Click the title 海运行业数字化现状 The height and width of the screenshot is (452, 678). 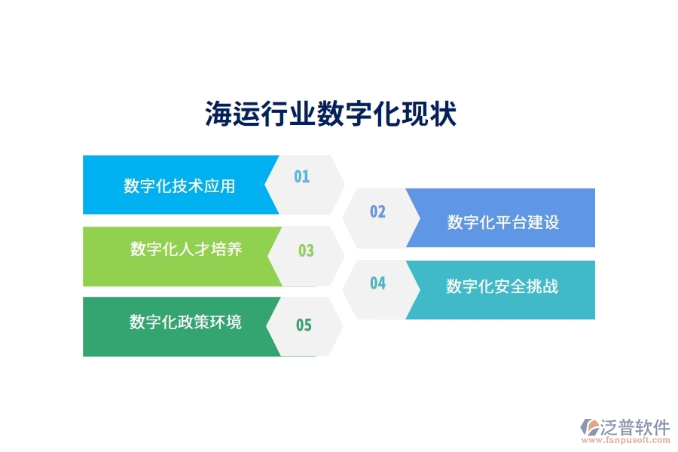331,115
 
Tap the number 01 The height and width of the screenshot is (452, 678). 301,177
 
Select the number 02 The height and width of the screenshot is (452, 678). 377,212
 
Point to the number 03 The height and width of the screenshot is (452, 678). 306,251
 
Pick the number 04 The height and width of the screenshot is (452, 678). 377,283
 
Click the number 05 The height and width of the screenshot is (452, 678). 304,325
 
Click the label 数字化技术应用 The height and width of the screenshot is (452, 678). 179,186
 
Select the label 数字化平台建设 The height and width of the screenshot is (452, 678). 502,222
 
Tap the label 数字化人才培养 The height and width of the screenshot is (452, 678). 186,249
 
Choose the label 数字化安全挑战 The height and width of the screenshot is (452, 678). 502,286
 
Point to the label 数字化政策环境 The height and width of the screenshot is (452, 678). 185,322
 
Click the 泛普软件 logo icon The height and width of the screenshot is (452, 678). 588,429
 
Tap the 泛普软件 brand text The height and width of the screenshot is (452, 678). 635,427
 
